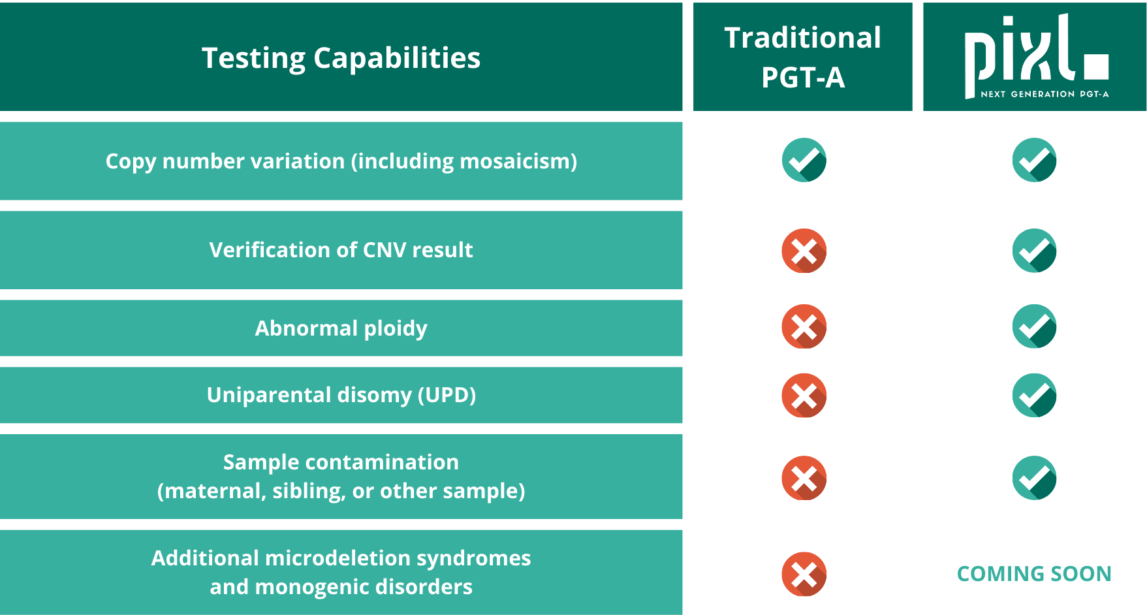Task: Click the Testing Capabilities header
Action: point(341,57)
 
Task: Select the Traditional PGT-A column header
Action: point(803,57)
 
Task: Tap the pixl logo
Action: point(1036,56)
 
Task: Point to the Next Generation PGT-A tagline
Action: point(1045,94)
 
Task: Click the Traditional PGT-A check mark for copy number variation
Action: point(804,160)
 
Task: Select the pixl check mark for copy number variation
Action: point(1035,160)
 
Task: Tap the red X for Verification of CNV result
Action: point(804,251)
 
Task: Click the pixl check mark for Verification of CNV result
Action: point(1035,251)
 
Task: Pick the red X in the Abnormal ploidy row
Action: point(804,326)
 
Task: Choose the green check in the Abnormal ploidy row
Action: point(1035,326)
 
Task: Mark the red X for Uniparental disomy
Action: point(804,396)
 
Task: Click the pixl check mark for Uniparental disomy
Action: point(1035,396)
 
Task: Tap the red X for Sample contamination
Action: point(804,478)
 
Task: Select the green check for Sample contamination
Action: point(1035,478)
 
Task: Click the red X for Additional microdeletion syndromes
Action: point(804,575)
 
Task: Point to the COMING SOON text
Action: point(1034,574)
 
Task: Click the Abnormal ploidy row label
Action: point(341,328)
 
